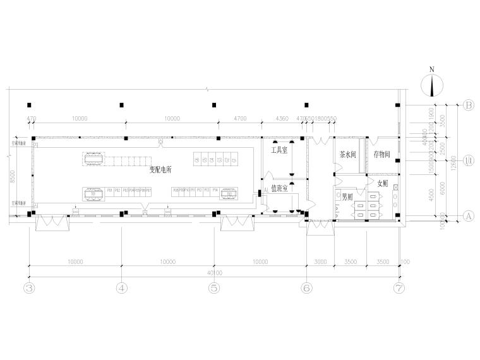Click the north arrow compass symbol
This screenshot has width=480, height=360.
pos(433,83)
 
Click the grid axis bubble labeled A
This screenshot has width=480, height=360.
pos(469,215)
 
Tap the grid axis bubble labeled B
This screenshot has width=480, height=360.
pos(469,105)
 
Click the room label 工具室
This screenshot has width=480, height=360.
pos(280,151)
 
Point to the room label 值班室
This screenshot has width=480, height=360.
pos(280,188)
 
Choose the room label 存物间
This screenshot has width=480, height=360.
pos(383,154)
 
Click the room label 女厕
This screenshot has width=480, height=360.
pos(383,184)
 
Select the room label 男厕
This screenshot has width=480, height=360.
pos(348,196)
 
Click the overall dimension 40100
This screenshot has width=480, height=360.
pos(214,273)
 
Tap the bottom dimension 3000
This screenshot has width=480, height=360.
pos(321,261)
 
